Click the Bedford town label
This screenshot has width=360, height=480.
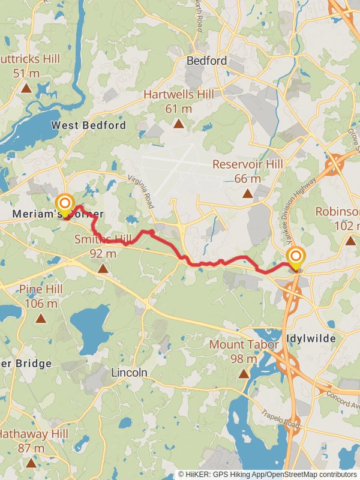pos(206,61)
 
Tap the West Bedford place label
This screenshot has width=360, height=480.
pos(89,125)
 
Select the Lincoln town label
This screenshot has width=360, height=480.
pos(129,373)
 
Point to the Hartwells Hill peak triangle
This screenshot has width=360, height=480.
pos(178,124)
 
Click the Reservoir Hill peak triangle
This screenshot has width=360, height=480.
pos(247,193)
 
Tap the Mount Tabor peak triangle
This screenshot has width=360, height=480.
pos(244,374)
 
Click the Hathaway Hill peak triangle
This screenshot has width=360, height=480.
pos(31,463)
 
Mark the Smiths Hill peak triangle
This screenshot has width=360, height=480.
pos(103,268)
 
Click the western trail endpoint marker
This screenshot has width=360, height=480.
pos(64,203)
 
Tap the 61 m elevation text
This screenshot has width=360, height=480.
pos(179,109)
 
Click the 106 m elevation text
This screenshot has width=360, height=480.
pos(41,303)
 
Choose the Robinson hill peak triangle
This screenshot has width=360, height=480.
pos(350,241)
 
